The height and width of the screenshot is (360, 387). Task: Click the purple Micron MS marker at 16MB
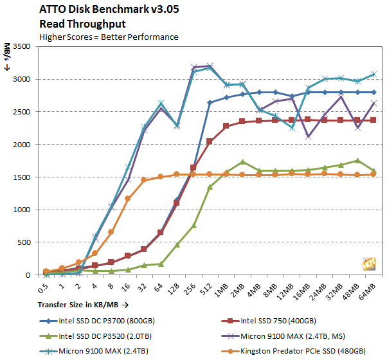(x=308, y=136)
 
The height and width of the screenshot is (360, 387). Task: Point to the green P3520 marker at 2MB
(x=242, y=162)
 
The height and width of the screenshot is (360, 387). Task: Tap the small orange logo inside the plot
(x=369, y=264)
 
